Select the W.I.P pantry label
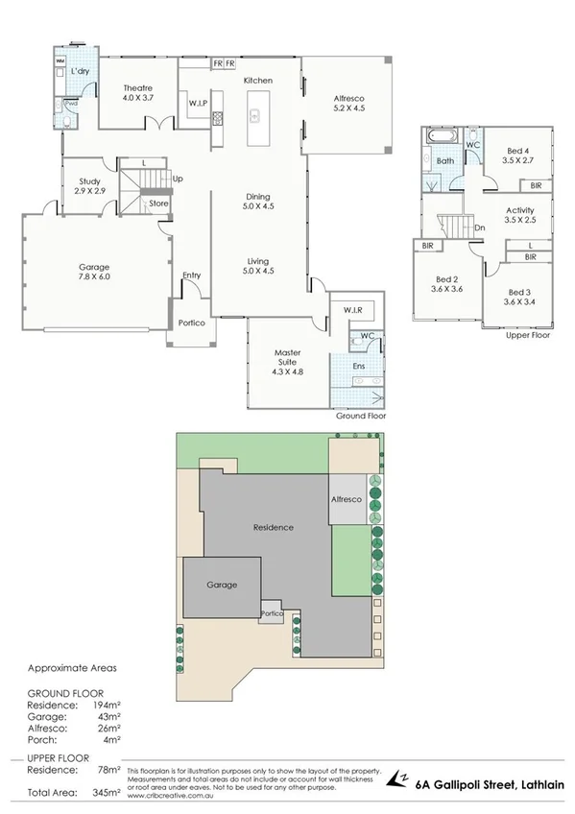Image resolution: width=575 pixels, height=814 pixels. [x=198, y=103]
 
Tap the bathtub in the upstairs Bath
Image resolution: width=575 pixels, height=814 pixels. [x=443, y=145]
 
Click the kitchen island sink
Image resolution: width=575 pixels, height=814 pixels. [x=255, y=117]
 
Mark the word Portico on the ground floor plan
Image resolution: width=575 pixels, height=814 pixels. [x=190, y=323]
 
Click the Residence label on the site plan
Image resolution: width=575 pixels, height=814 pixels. [x=273, y=528]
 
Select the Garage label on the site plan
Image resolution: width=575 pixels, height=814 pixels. [x=222, y=585]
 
